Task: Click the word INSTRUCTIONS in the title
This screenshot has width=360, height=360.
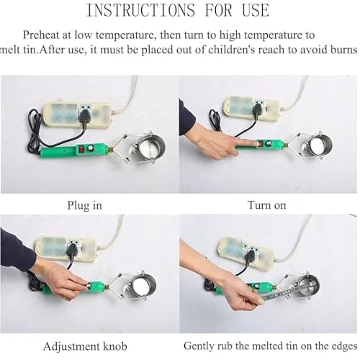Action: tap(140, 10)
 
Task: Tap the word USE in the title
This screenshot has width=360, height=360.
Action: tap(256, 10)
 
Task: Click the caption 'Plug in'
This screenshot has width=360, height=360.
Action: tap(85, 206)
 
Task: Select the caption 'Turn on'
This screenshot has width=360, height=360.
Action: tap(266, 205)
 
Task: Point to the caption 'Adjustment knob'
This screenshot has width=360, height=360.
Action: tap(85, 346)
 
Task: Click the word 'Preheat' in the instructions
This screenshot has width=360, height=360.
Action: tap(41, 35)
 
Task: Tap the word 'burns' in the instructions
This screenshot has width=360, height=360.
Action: tap(343, 50)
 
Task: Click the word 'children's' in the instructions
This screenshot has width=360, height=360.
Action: tap(231, 50)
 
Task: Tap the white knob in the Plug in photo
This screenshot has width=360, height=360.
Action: tap(91, 148)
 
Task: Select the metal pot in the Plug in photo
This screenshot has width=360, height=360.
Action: tap(149, 146)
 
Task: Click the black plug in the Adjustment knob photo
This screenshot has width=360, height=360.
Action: tap(71, 251)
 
